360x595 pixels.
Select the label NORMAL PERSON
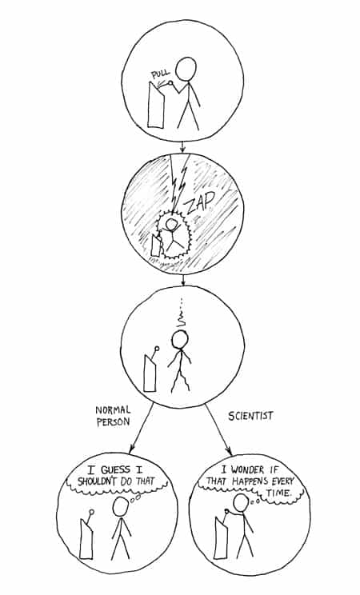pos(113,416)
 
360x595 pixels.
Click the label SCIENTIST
pos(250,416)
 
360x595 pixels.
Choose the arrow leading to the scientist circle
pos(218,429)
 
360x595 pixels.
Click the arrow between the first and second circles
pos(182,146)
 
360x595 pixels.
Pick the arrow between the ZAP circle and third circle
pos(183,280)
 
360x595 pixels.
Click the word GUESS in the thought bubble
pos(115,469)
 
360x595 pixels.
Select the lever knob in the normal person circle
pos(91,512)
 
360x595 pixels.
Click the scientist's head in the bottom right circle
pos(241,504)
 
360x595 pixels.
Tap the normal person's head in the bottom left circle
pos(120,506)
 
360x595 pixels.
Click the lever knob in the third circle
pos(157,348)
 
